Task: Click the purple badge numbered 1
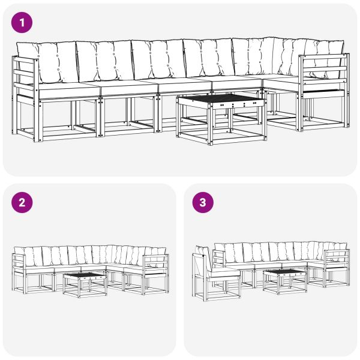tap(22, 23)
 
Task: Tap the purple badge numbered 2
tap(22, 202)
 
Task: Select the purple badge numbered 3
tap(202, 202)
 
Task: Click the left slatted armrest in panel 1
tap(25, 78)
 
